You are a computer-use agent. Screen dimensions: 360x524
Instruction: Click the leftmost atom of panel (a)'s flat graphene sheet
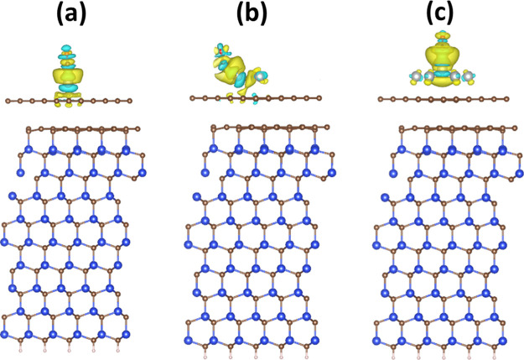coord(8,101)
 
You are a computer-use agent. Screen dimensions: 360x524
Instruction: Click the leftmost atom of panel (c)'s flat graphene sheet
coord(379,100)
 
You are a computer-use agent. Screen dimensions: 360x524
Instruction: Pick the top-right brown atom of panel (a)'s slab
coord(135,128)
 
